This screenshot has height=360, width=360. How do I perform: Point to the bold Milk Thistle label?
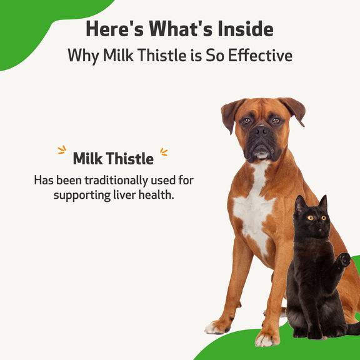click(113, 158)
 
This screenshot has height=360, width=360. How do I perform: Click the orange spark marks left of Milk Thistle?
click(62, 150)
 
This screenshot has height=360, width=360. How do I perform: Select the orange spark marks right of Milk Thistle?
click(164, 151)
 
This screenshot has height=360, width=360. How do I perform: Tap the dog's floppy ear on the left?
click(230, 114)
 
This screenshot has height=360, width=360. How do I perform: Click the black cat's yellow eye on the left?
click(310, 217)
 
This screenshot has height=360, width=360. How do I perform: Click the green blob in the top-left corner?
click(31, 28)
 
